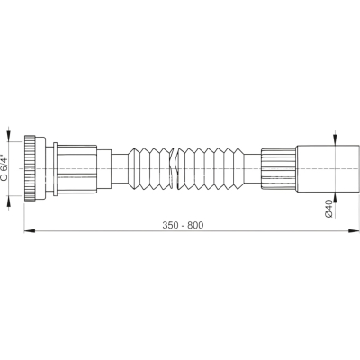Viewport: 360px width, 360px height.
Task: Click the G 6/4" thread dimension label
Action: point(4,168)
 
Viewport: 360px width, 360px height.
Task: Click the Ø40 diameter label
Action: point(329,208)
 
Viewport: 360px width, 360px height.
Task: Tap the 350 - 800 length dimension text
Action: point(183,225)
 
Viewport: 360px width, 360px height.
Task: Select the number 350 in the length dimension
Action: point(170,225)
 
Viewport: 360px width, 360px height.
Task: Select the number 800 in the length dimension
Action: point(195,225)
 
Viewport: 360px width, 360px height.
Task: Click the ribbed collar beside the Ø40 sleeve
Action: point(279,168)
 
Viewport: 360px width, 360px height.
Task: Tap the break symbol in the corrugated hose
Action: point(174,169)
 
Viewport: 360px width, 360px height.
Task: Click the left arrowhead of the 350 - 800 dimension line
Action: point(30,230)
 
